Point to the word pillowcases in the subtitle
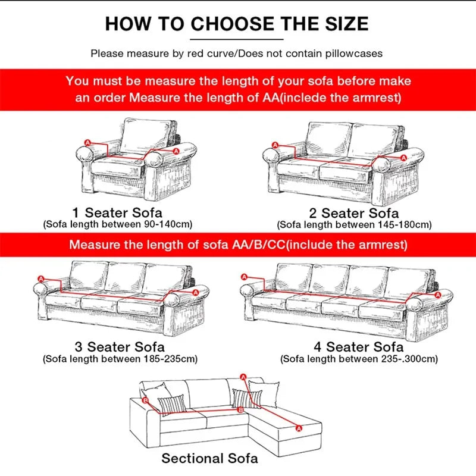click(351, 54)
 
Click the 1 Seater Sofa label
click(117, 212)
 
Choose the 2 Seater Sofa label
click(354, 213)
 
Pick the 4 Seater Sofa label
click(359, 347)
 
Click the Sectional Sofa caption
click(210, 458)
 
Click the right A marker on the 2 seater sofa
click(404, 158)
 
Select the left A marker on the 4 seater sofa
click(244, 277)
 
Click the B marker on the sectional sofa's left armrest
click(146, 401)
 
